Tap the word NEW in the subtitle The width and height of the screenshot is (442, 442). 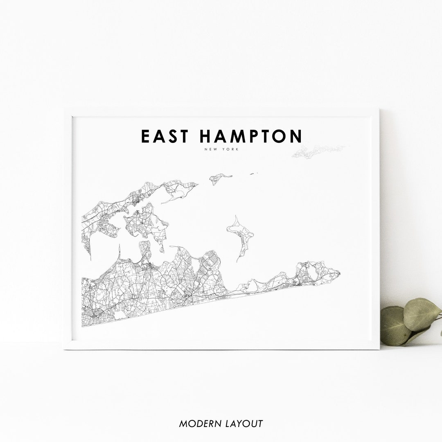click(x=212, y=149)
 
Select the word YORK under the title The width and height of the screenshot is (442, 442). click(x=231, y=149)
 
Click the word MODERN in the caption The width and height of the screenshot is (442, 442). click(x=198, y=424)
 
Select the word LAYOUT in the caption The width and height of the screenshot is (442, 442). click(x=243, y=424)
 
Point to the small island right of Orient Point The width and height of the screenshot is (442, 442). click(x=219, y=178)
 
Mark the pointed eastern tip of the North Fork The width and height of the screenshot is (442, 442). click(x=197, y=185)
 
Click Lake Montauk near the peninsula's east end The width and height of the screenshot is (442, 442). click(x=312, y=271)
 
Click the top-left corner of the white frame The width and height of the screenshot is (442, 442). click(x=65, y=109)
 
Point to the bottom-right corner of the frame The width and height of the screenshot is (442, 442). click(x=379, y=349)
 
